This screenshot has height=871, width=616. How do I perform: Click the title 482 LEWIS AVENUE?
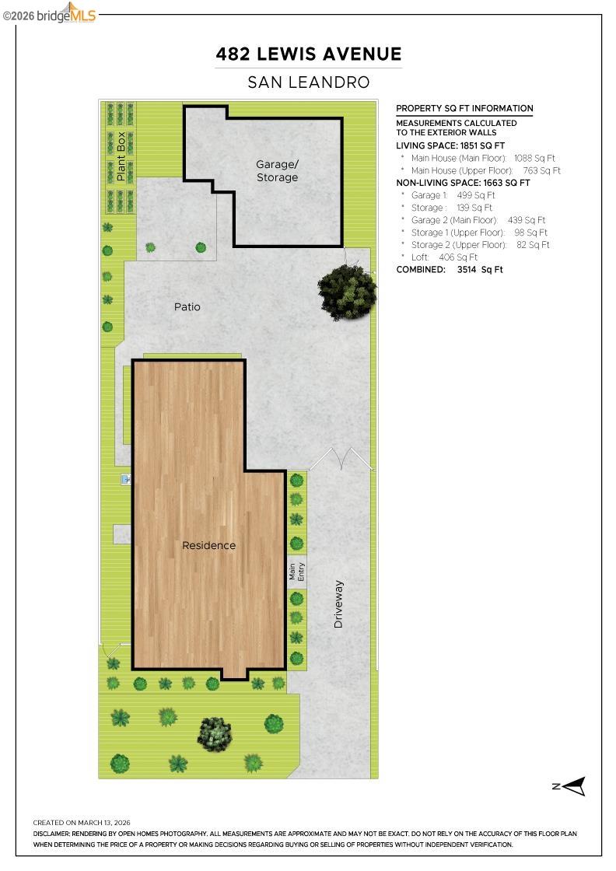[309, 54]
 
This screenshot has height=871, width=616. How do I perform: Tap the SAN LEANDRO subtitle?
[309, 82]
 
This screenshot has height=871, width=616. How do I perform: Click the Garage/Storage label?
[277, 171]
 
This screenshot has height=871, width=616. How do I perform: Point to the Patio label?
[187, 307]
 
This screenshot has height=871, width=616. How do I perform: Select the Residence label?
[208, 546]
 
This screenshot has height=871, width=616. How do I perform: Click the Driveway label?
[338, 604]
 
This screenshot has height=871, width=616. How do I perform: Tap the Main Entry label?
[297, 572]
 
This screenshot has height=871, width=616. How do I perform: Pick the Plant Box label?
[121, 157]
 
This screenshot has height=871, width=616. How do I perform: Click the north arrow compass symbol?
[572, 786]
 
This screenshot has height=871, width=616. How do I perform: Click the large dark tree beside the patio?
[347, 292]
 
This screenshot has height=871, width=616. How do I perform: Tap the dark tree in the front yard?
[215, 733]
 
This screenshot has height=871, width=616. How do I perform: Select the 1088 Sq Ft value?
[534, 158]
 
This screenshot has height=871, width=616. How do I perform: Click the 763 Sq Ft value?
[541, 170]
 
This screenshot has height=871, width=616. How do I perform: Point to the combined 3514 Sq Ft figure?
[480, 270]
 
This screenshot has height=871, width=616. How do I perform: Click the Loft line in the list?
[444, 257]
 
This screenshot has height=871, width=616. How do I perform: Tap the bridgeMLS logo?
[54, 13]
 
